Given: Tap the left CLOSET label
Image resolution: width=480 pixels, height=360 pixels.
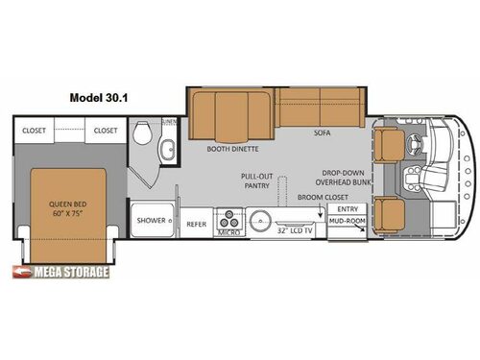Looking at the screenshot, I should click(35, 130).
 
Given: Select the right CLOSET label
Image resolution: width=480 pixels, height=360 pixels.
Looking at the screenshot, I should click(106, 130).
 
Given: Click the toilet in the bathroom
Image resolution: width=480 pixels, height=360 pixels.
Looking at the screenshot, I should click(142, 134).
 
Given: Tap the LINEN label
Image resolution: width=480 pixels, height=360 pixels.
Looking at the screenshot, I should click(169, 122).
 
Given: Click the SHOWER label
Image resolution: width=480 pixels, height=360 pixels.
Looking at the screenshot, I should click(150, 220).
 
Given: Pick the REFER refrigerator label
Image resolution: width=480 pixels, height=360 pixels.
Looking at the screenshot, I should click(196, 224).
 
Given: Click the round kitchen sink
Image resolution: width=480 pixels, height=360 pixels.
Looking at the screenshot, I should click(260, 222).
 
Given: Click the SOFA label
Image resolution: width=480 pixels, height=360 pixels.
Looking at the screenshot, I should click(321, 135).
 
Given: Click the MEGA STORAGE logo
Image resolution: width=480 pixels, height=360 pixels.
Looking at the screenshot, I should click(63, 272).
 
